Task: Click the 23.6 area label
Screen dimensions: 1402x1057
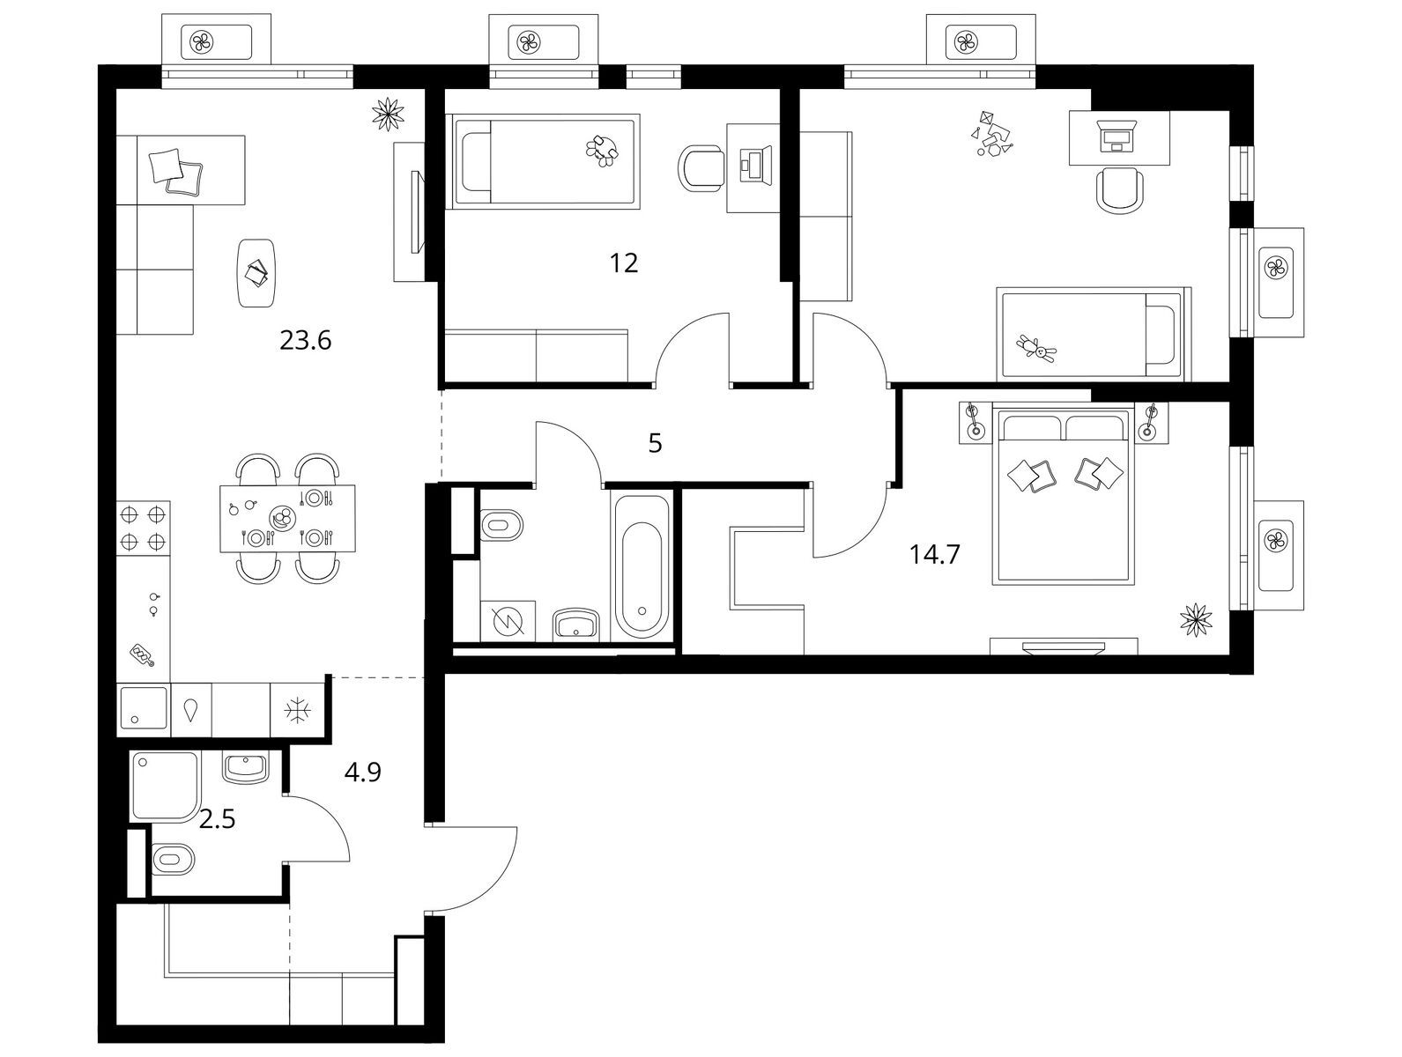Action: click(x=305, y=341)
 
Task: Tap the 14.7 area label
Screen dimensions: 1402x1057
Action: click(x=934, y=554)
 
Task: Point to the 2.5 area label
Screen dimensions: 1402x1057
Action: click(x=217, y=819)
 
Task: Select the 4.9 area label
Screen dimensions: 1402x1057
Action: click(x=362, y=772)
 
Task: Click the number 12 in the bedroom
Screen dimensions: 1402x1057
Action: click(x=623, y=263)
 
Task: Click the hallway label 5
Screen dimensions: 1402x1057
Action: click(x=655, y=443)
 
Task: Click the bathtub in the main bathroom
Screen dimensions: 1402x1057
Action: click(x=642, y=565)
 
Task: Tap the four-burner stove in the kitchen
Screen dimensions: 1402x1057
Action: click(x=143, y=528)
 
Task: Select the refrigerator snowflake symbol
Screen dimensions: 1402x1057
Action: click(x=298, y=711)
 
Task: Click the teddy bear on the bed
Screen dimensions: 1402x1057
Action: click(x=1036, y=349)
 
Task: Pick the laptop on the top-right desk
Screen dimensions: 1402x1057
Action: click(x=1116, y=136)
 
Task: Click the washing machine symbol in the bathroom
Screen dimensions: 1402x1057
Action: click(x=508, y=620)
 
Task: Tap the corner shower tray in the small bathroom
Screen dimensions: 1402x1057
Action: click(x=165, y=787)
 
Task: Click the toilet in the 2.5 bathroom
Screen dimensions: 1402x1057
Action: click(x=173, y=859)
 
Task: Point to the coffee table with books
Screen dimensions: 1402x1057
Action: click(x=256, y=273)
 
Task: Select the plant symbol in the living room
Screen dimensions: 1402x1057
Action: click(x=389, y=115)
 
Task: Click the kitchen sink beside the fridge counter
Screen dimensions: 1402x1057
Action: click(x=143, y=711)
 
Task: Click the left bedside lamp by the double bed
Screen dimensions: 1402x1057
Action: click(x=975, y=422)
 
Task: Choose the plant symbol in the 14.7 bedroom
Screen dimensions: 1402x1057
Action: click(x=1196, y=620)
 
